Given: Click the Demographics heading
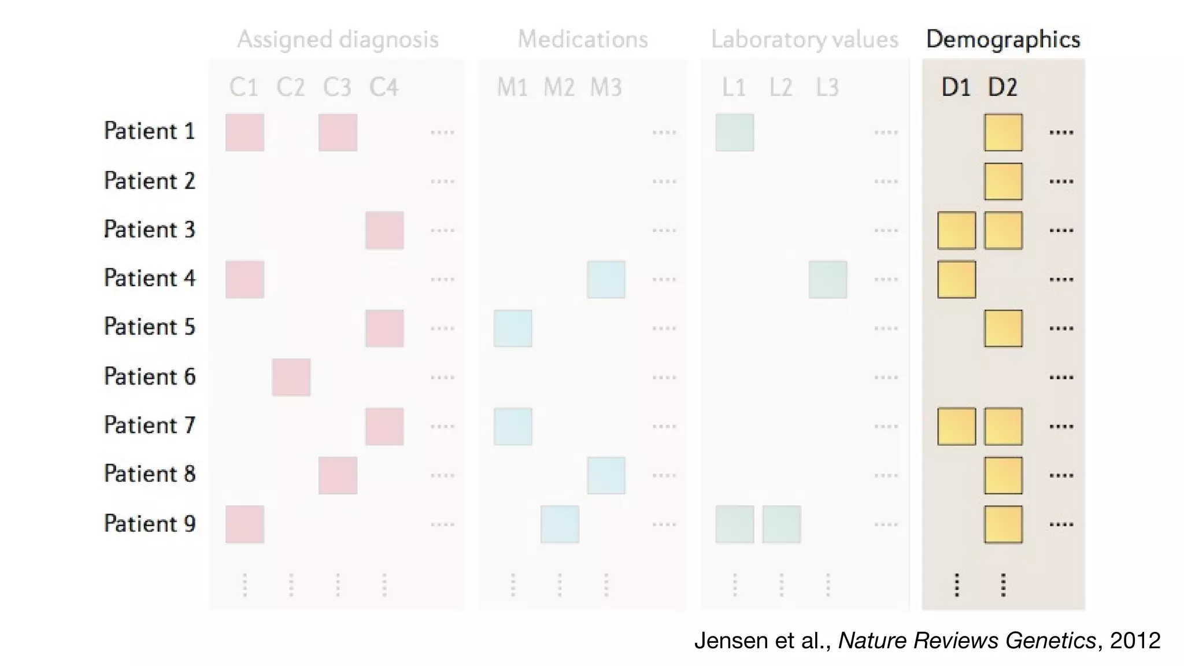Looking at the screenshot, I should point(1003,39).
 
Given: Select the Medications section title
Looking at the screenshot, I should point(582,39).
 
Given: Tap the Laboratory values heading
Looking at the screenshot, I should point(804,39).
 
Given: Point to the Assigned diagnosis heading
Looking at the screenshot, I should point(338,39).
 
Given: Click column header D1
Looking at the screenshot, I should point(956,87).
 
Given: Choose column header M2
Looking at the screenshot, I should point(559,87).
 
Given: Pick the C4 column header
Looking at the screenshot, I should point(384,87).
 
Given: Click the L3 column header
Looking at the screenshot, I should point(827,87).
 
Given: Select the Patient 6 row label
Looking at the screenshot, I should point(150,376).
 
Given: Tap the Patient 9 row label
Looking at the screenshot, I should point(150,523).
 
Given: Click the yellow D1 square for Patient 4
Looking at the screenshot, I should point(956,279).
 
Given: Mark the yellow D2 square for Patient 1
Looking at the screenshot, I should point(1003,132).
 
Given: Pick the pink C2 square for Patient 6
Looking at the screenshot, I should point(291,377).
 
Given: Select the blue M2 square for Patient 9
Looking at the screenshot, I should point(560,524).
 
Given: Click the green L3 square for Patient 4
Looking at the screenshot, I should point(827,279).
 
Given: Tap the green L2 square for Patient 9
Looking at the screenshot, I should point(781,524).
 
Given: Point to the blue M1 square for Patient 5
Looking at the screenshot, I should point(513,328).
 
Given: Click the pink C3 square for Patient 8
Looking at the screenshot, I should point(338,475).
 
